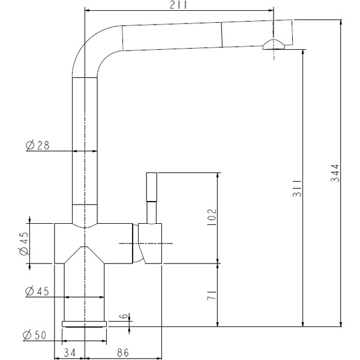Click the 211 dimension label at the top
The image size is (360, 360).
click(178, 5)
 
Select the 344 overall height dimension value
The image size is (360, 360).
click(335, 173)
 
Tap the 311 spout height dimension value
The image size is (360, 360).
click(297, 188)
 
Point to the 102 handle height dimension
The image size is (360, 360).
click(212, 217)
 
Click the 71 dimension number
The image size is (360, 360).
click(212, 295)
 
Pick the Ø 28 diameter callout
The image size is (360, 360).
click(37, 145)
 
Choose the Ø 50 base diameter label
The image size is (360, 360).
click(35, 335)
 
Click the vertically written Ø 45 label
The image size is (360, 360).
click(24, 244)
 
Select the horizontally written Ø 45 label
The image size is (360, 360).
click(37, 292)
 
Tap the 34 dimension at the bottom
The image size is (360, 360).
click(70, 353)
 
